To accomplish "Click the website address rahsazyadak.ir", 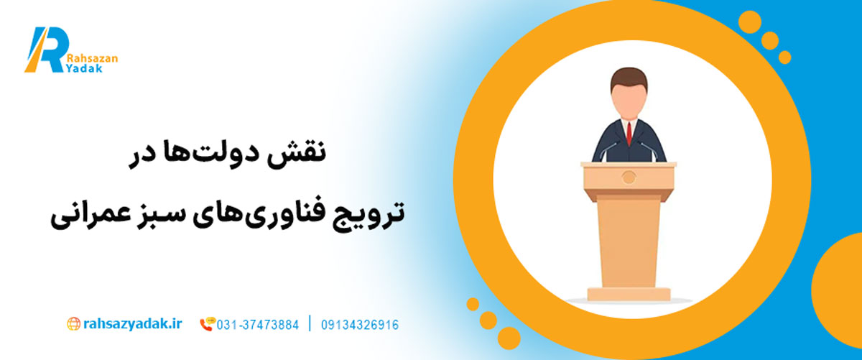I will tap(133, 324).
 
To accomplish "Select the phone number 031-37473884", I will tap(257, 325).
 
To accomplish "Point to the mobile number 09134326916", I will tap(360, 325).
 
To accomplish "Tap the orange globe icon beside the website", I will tap(73, 324).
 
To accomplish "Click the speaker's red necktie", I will tap(629, 134).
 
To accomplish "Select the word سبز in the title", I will tap(155, 213).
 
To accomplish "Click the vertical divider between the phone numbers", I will tap(310, 324).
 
